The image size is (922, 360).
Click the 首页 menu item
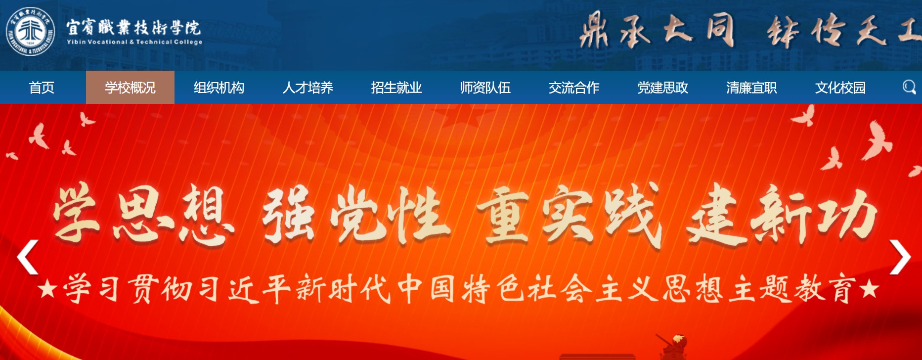42,88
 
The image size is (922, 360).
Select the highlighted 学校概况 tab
130,88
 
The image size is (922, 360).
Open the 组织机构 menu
219,88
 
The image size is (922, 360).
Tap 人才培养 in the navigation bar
307,88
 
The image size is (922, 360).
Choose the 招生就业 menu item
396,88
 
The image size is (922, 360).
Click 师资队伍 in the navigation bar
485,88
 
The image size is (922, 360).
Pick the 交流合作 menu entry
574,88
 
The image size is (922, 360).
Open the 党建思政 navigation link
662,88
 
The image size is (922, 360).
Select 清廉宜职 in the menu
751,88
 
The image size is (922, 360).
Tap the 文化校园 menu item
840,88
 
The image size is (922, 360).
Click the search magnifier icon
909,87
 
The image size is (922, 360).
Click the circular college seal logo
31,32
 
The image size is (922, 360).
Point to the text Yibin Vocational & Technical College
134,42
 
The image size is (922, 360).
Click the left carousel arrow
27,257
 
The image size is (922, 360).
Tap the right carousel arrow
900,257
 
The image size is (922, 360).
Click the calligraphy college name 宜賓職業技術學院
133,27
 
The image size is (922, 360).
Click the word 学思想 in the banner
143,215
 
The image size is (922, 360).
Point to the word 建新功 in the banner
782,215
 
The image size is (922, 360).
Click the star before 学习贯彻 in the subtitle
47,289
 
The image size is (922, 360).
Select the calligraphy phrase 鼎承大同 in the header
657,31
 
